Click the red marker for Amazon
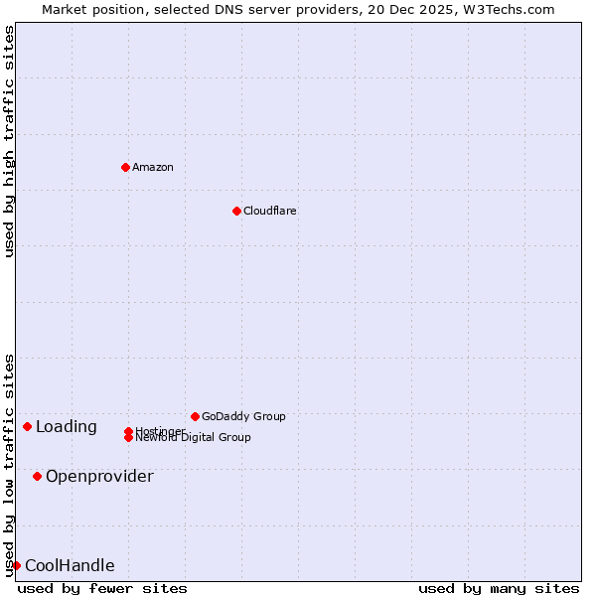click(x=125, y=167)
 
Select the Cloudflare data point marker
click(x=236, y=211)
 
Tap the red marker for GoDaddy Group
click(x=195, y=416)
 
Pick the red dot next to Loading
click(x=27, y=426)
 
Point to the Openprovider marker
click(x=37, y=476)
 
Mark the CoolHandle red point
click(x=16, y=565)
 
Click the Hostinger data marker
click(x=128, y=431)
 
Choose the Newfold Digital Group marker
click(x=128, y=438)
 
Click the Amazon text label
click(x=153, y=167)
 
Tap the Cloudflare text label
click(x=270, y=211)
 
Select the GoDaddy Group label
click(x=243, y=416)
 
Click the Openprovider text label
click(x=99, y=476)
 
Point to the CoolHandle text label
click(x=70, y=565)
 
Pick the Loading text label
click(x=67, y=427)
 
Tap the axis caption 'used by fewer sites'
click(x=102, y=588)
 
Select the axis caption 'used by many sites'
click(x=499, y=588)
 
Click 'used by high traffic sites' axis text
click(x=9, y=141)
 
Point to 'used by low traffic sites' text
click(x=9, y=465)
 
